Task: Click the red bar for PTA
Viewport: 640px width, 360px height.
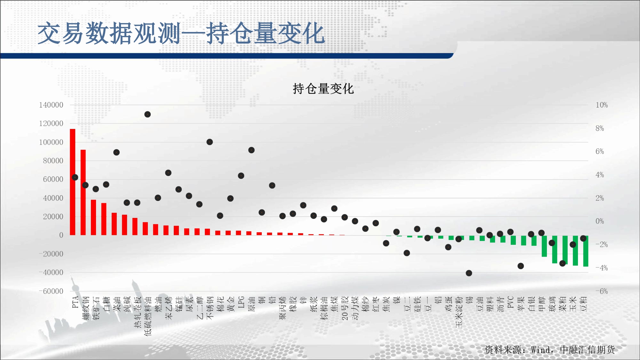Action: pyautogui.click(x=73, y=182)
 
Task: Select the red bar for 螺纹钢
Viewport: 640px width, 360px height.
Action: pyautogui.click(x=83, y=192)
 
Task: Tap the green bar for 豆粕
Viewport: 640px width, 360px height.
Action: pyautogui.click(x=586, y=251)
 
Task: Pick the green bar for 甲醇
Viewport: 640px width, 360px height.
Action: pyautogui.click(x=544, y=246)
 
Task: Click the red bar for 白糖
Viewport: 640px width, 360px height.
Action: pyautogui.click(x=104, y=219)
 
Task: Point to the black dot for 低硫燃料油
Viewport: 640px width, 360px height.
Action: pyautogui.click(x=148, y=114)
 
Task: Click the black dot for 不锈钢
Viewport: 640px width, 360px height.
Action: pyautogui.click(x=210, y=142)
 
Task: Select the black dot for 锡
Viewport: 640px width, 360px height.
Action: pyautogui.click(x=469, y=273)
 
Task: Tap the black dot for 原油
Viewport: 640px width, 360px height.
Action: pyautogui.click(x=252, y=150)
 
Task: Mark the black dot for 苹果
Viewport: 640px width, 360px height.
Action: pyautogui.click(x=521, y=266)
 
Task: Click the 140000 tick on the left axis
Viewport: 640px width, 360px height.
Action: pyautogui.click(x=51, y=105)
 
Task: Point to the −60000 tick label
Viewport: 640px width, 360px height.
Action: pyautogui.click(x=51, y=291)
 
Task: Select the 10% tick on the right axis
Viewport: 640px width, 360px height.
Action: pyautogui.click(x=602, y=105)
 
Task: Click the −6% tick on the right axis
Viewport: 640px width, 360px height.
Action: pyautogui.click(x=602, y=291)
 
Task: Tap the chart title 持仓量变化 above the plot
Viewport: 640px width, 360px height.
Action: pyautogui.click(x=323, y=89)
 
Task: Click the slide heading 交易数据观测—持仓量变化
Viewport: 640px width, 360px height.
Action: pyautogui.click(x=181, y=33)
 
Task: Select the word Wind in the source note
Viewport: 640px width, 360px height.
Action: pyautogui.click(x=540, y=350)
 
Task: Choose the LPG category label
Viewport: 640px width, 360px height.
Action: pyautogui.click(x=241, y=302)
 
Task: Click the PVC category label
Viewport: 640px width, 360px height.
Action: pyautogui.click(x=510, y=302)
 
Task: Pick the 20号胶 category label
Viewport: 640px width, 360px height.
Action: pyautogui.click(x=345, y=308)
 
